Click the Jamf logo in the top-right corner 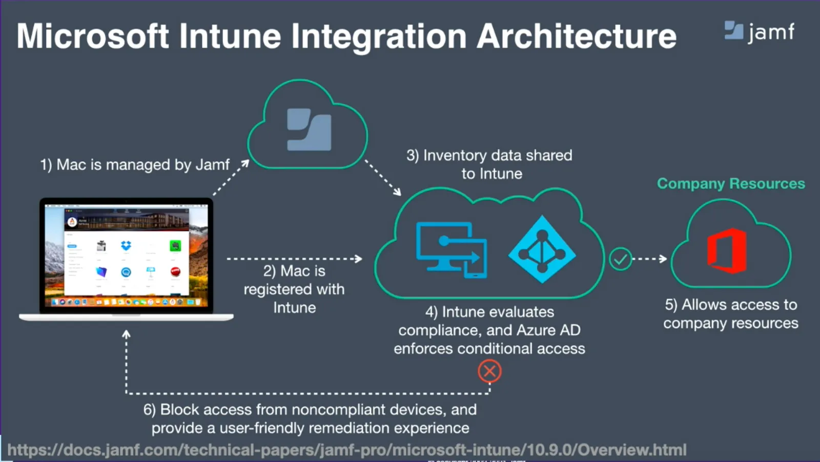tap(760, 32)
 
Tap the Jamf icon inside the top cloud tap(309, 129)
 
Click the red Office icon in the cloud tap(727, 250)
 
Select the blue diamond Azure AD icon tap(542, 249)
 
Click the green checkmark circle tap(620, 259)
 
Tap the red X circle tap(489, 371)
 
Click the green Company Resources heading tap(731, 183)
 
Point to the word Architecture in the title tap(576, 36)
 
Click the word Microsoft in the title tap(93, 36)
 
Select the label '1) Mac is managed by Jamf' tap(135, 164)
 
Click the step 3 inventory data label tap(489, 164)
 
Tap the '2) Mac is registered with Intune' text tap(294, 289)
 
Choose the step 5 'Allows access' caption tap(731, 313)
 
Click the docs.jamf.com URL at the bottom tap(346, 450)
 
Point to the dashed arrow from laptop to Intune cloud tap(294, 259)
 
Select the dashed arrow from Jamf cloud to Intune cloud tap(383, 177)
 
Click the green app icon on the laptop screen tap(175, 246)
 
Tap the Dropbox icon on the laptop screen tap(126, 246)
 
